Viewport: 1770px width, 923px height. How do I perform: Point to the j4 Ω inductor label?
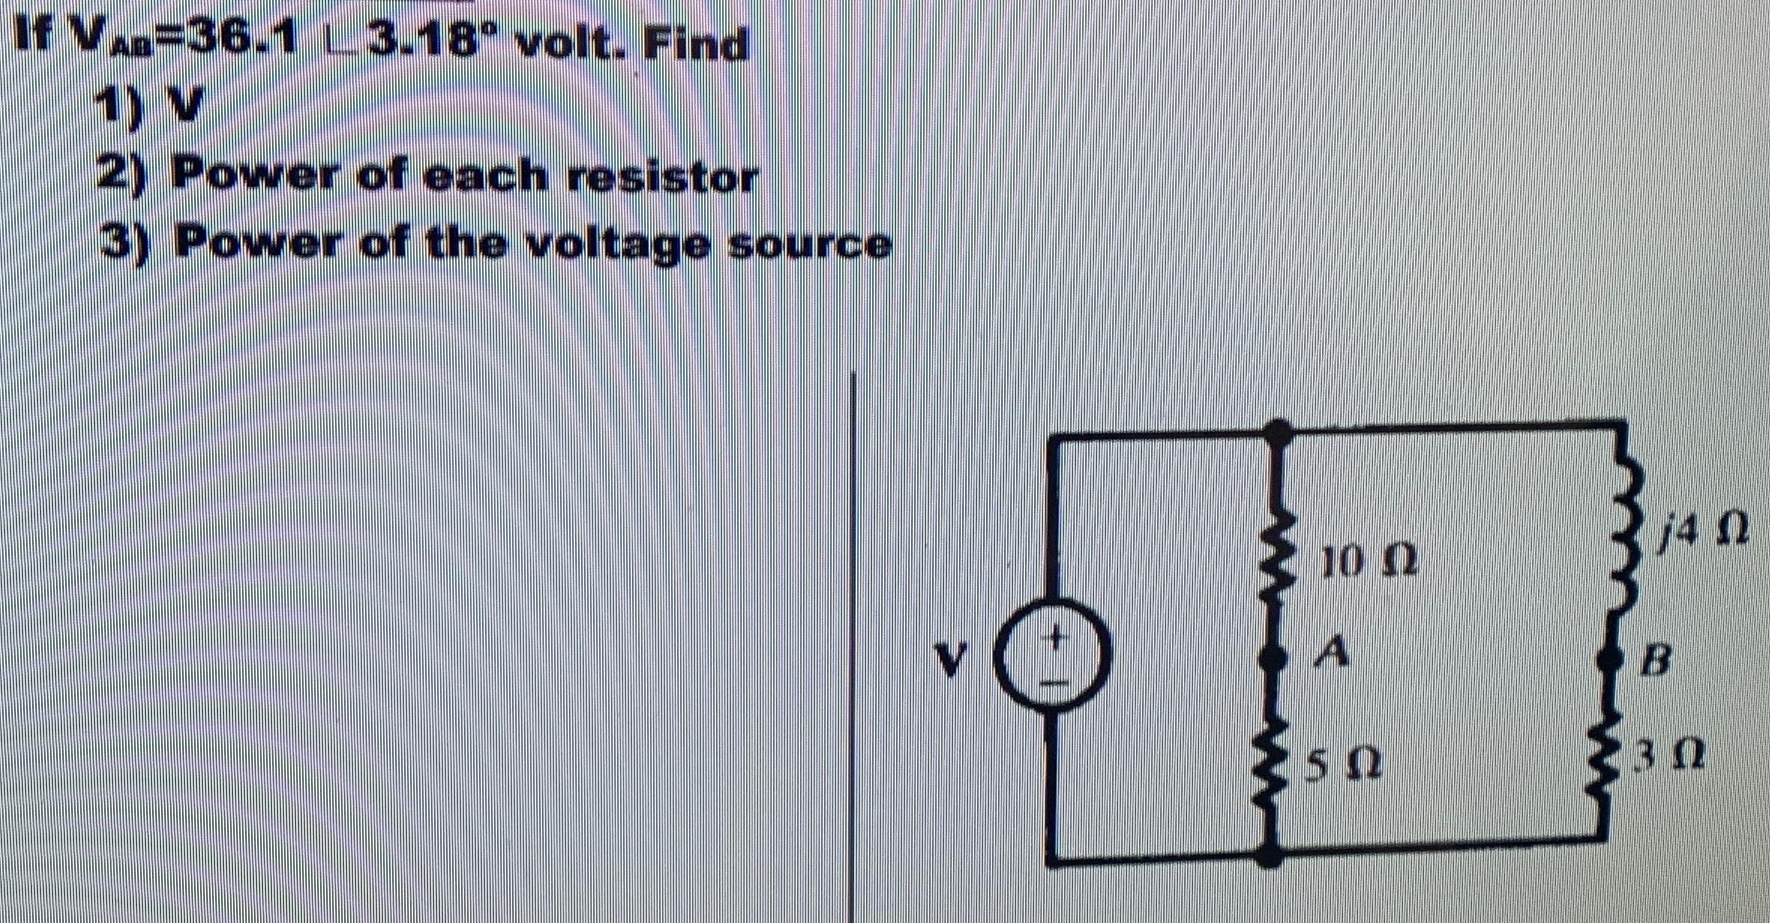pos(1702,529)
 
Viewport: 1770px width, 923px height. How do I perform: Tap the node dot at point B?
pos(1609,660)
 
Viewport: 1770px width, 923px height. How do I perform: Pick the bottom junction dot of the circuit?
pos(1269,855)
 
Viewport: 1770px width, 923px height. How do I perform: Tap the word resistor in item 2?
pos(660,178)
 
